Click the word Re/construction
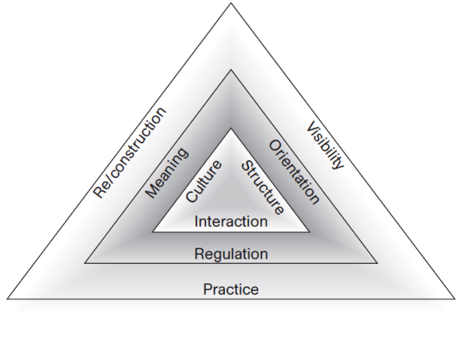tap(129, 153)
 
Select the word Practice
tap(231, 289)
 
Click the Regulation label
tap(231, 253)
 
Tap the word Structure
tap(262, 187)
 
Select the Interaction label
tap(231, 222)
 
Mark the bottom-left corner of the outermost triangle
tap(7, 299)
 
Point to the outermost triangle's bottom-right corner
tap(455, 299)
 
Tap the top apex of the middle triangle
tap(231, 69)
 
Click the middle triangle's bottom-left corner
tap(84, 263)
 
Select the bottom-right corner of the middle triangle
tap(377, 263)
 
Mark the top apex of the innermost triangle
tap(231, 128)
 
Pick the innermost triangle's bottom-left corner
tap(153, 232)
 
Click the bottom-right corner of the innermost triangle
tap(309, 232)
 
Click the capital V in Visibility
tap(312, 127)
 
